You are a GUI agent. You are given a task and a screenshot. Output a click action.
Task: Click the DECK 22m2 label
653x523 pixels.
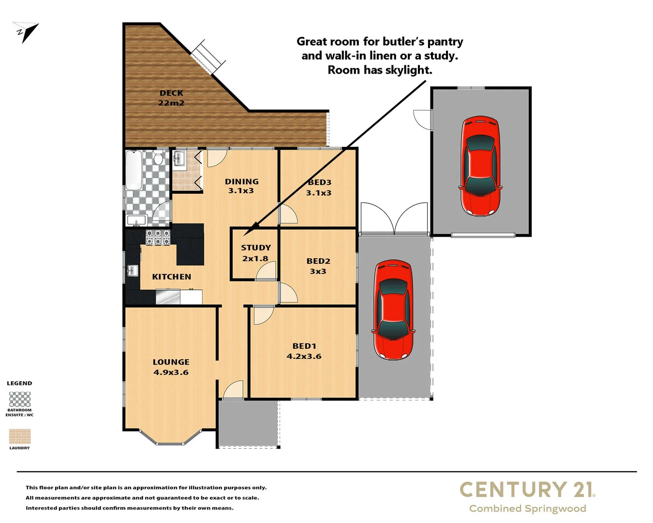click(x=171, y=98)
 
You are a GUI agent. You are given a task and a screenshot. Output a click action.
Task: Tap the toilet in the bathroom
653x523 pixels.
click(x=158, y=158)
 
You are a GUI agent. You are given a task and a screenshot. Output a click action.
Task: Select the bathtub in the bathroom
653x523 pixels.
click(x=134, y=170)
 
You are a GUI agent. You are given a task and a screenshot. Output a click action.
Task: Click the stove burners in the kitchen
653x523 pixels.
click(x=158, y=237)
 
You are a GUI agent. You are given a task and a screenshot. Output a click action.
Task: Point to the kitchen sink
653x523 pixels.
click(x=132, y=271)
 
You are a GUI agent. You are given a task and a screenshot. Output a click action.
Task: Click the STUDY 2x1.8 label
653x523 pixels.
click(x=255, y=253)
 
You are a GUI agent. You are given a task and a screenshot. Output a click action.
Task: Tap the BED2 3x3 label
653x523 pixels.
click(x=318, y=266)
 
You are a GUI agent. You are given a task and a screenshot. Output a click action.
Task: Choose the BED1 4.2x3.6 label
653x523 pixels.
click(x=304, y=351)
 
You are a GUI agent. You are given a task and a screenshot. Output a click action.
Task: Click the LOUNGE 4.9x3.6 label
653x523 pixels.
click(x=171, y=367)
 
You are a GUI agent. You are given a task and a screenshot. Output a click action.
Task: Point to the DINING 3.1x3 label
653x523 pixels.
click(x=241, y=186)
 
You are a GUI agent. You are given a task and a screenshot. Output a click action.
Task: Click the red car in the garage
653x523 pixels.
click(x=480, y=166)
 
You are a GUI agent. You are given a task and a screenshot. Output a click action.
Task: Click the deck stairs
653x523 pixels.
click(x=208, y=57)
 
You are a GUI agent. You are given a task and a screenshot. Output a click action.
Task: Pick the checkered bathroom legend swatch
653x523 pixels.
click(x=20, y=400)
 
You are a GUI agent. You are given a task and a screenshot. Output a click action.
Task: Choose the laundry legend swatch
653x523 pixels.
click(x=20, y=436)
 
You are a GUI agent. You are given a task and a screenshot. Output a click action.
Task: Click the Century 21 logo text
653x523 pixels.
click(x=527, y=490)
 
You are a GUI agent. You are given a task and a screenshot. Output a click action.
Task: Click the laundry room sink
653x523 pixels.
click(x=179, y=159)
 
